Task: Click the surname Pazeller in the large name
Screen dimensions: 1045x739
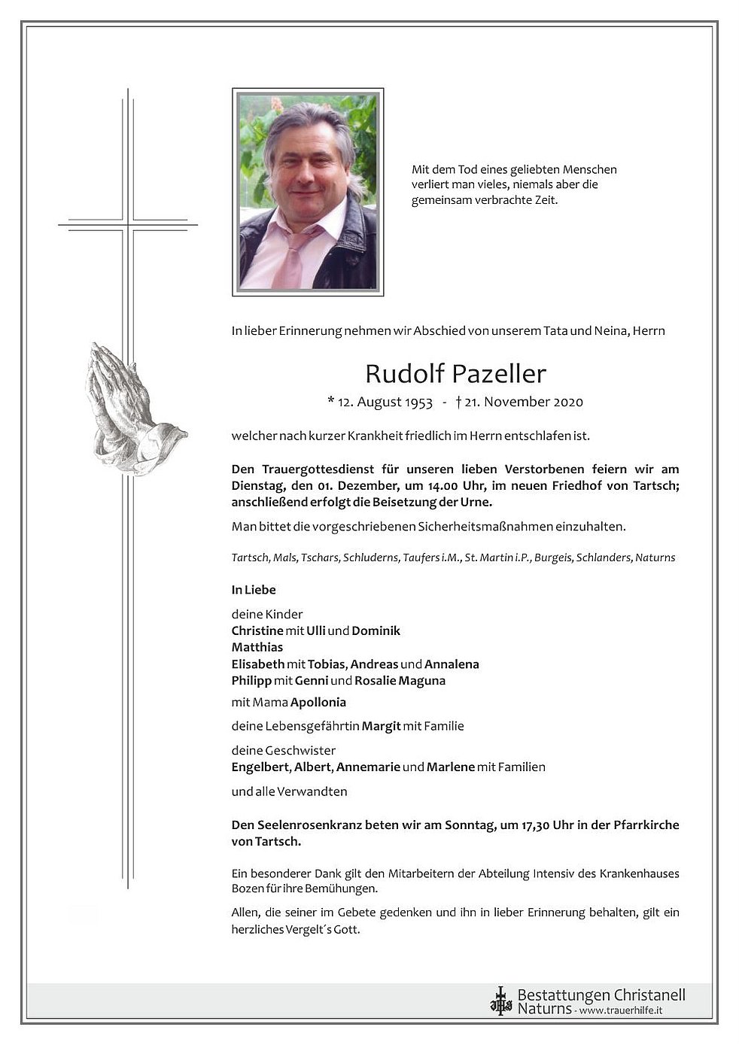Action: click(499, 373)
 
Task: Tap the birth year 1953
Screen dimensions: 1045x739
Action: click(418, 402)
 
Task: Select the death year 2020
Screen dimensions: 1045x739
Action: click(568, 402)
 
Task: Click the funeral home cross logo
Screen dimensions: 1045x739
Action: click(500, 1001)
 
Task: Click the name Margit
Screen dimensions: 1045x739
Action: click(381, 726)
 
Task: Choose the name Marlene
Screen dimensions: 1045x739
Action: click(450, 767)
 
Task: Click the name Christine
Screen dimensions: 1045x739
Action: click(257, 630)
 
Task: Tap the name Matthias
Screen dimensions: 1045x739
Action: click(257, 647)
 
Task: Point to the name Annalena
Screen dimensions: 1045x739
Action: click(452, 664)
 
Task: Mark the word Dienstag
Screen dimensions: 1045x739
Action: click(257, 486)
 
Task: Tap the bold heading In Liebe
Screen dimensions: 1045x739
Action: click(254, 590)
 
